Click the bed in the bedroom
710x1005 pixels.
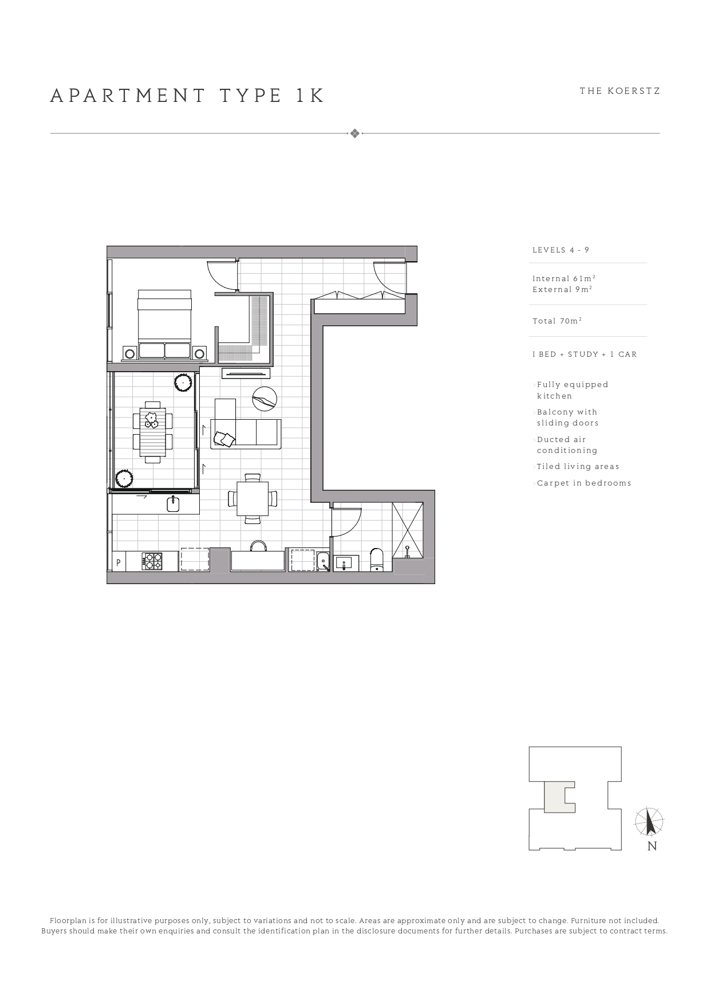coord(164,324)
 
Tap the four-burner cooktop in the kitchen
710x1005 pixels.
coord(152,561)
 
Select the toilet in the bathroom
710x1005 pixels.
coord(377,560)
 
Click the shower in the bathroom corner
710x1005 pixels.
coord(408,529)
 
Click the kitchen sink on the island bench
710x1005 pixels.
coord(173,504)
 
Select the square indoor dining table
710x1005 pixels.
coord(253,498)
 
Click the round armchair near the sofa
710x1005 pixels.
coord(265,398)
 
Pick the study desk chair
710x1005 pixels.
coord(258,546)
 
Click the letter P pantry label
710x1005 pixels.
coord(118,563)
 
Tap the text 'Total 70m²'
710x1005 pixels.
coord(557,321)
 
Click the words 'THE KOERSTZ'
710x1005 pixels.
coord(620,91)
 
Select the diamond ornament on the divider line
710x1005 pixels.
coord(355,133)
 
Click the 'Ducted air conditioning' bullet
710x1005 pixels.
coord(567,445)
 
